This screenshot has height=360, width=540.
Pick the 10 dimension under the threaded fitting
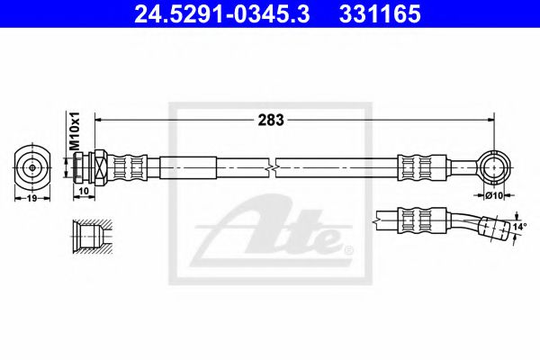pos(84,191)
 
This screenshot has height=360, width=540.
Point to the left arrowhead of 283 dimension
pos(100,118)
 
